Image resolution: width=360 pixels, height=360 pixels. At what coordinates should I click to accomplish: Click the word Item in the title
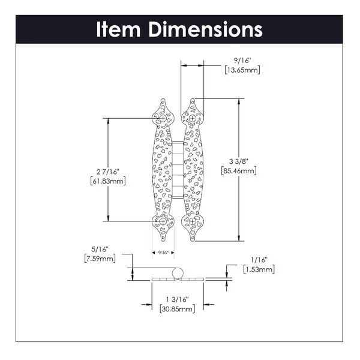[x=118, y=29]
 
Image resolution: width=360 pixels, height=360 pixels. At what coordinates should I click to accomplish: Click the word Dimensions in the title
[x=205, y=29]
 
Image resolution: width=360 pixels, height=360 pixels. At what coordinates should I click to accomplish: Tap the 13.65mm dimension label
[x=242, y=70]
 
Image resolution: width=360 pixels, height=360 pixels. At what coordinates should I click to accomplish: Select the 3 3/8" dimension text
[x=239, y=161]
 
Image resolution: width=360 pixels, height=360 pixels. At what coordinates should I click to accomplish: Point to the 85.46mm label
[x=239, y=171]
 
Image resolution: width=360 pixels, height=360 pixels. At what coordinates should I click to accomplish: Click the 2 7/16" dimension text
[x=108, y=172]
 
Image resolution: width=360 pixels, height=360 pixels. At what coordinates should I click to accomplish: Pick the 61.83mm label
[x=108, y=181]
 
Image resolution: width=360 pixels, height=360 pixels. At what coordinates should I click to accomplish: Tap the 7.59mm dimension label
[x=100, y=259]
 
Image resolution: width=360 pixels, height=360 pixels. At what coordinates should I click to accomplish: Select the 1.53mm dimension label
[x=259, y=269]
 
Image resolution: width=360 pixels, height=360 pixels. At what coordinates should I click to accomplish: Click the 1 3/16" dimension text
[x=178, y=299]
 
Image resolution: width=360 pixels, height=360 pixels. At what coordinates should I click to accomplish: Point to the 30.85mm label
[x=178, y=309]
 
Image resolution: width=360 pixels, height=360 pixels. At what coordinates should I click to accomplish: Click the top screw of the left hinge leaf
[x=163, y=118]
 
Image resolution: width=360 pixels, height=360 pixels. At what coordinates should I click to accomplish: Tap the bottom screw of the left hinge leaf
[x=163, y=221]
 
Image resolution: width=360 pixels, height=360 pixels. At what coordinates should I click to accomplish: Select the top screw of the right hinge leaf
[x=193, y=118]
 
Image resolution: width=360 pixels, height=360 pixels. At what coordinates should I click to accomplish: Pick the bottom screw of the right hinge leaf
[x=193, y=221]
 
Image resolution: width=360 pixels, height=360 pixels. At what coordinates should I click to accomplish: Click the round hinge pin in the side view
[x=178, y=273]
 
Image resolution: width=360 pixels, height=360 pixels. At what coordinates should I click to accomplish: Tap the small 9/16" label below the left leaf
[x=163, y=253]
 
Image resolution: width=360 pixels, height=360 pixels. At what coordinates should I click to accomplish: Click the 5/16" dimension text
[x=100, y=250]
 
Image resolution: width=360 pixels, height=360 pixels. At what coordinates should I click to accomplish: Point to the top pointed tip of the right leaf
[x=193, y=99]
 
